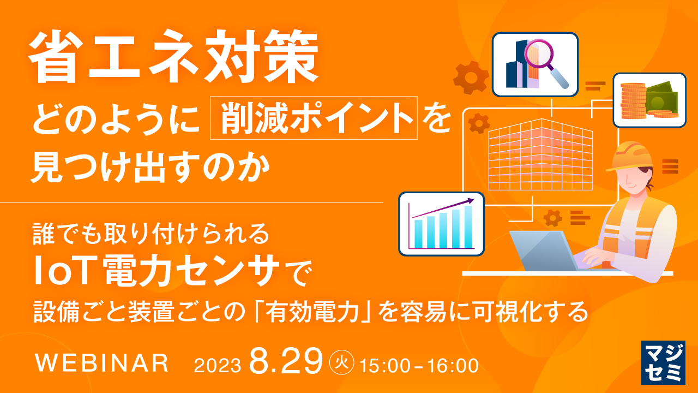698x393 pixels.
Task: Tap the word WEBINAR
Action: point(101,364)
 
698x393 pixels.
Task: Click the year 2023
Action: point(217,365)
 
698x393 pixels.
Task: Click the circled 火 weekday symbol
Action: point(342,361)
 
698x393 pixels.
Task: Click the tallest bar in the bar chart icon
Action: point(468,226)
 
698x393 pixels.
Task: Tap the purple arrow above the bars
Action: point(444,208)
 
